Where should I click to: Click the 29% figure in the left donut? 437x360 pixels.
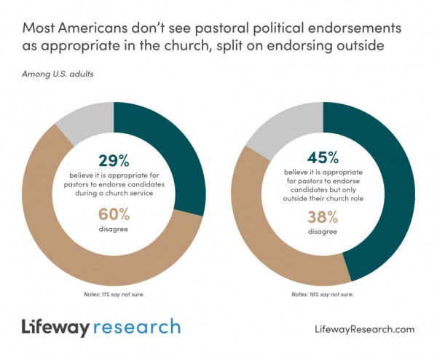coord(113,160)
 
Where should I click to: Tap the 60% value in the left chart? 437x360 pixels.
coord(113,214)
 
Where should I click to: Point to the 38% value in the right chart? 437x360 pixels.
coord(323,218)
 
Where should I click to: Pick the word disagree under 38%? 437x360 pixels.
coord(323,232)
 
